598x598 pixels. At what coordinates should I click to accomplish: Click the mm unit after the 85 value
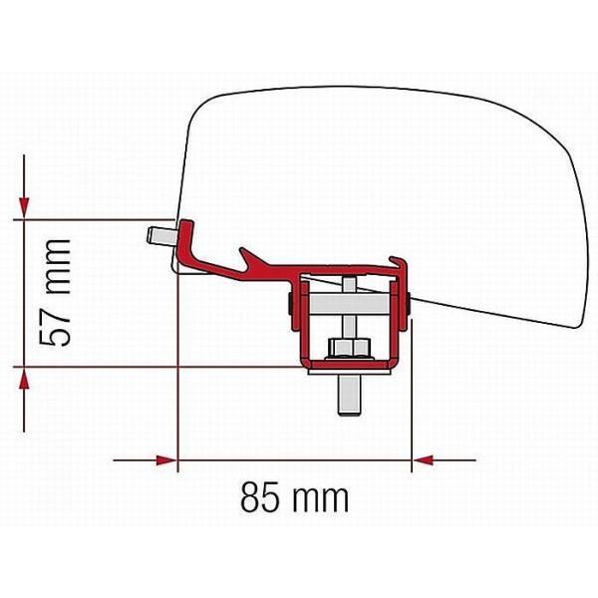pyautogui.click(x=321, y=500)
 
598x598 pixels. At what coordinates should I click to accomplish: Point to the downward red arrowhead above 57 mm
pyautogui.click(x=24, y=207)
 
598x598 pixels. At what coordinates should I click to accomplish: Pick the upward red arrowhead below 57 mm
pyautogui.click(x=24, y=379)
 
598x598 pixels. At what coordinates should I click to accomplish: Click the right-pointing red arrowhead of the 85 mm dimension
pyautogui.click(x=166, y=460)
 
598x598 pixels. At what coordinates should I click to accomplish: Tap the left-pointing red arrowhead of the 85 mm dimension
pyautogui.click(x=424, y=460)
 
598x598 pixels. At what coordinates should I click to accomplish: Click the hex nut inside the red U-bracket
pyautogui.click(x=350, y=348)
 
